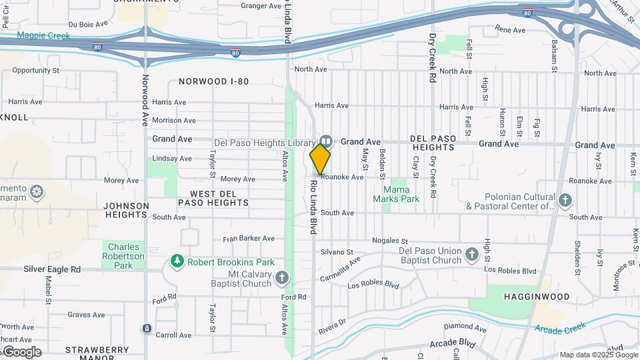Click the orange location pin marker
[320, 159]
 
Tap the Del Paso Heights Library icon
[326, 141]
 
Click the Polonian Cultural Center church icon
[565, 199]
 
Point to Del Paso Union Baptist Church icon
[472, 253]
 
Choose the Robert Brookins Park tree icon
[177, 261]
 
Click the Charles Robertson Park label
[123, 256]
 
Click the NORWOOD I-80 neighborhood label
[213, 81]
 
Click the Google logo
[21, 351]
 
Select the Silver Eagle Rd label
[52, 269]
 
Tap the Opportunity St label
[36, 69]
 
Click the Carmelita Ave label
[340, 269]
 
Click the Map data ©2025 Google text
[598, 355]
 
